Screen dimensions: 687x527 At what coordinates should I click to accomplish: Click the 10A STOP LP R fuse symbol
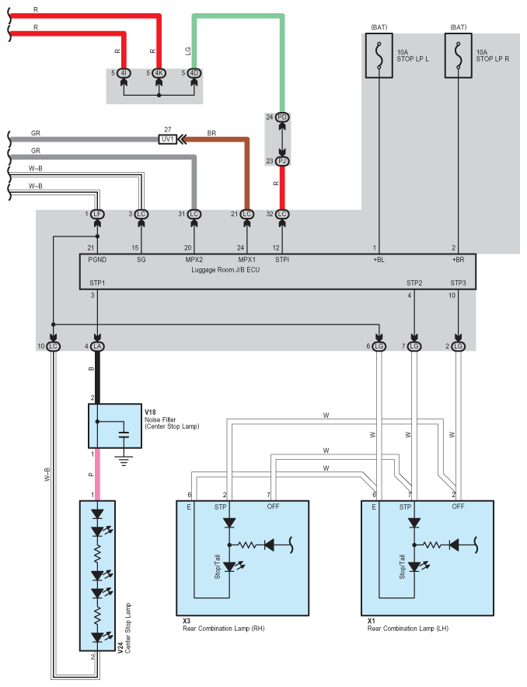point(459,55)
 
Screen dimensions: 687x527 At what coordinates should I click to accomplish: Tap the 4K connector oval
point(159,73)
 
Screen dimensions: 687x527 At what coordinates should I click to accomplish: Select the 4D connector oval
point(194,73)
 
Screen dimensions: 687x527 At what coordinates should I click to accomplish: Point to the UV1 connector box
point(167,139)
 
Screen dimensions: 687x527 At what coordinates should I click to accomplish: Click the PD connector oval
point(282,117)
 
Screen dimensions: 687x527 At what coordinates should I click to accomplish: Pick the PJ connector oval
point(282,161)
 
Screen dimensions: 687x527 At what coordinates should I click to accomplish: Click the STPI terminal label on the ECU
point(282,260)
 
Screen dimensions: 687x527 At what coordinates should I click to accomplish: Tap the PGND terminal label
point(97,260)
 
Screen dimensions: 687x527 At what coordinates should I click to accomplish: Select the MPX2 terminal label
point(194,260)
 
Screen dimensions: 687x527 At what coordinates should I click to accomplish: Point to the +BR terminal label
point(458,260)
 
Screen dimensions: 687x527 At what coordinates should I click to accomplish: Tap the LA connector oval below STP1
point(97,345)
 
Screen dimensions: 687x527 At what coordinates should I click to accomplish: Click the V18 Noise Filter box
point(115,426)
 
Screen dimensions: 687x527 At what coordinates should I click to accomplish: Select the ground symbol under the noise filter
point(123,460)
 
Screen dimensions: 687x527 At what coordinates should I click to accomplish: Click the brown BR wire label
point(211,133)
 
